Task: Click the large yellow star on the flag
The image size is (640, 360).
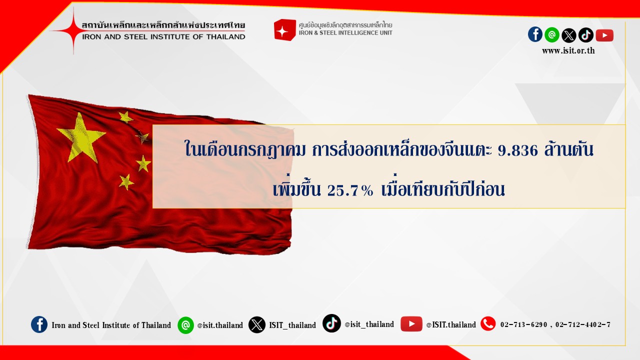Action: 81,137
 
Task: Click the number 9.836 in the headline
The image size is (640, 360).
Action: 517,150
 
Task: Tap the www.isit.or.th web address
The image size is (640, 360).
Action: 568,51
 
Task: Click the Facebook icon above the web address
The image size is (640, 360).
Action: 535,35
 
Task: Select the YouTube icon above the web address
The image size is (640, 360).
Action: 604,35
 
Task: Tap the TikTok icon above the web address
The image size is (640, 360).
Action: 586,35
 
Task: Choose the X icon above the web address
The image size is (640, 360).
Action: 569,35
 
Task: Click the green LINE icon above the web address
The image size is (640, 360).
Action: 552,35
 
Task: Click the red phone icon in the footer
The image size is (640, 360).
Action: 488,323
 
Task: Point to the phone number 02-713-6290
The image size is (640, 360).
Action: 523,325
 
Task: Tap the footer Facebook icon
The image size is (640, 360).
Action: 39,324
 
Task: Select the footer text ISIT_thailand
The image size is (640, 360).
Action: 292,325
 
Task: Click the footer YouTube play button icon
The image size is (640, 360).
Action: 411,324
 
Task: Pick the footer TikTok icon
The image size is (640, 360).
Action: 331,323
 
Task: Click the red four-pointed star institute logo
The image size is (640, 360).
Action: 73,30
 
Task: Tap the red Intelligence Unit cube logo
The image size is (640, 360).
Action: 284,29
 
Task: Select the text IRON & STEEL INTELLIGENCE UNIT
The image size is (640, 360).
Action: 345,33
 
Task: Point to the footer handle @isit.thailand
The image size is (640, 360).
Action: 220,325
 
